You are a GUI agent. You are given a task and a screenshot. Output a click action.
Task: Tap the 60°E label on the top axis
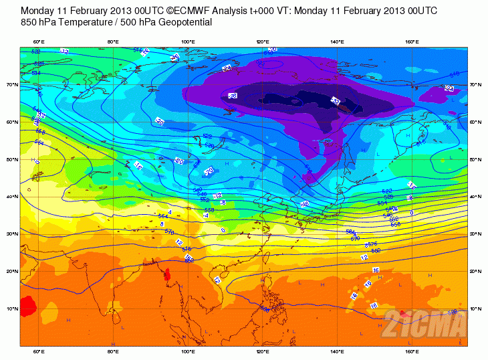point(39,43)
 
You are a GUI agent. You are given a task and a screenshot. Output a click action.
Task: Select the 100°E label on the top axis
point(189,43)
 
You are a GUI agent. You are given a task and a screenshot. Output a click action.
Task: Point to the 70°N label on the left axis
point(12,85)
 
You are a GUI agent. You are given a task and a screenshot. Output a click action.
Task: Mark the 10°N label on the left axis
point(12,308)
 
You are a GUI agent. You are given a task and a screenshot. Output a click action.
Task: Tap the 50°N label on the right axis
point(476,159)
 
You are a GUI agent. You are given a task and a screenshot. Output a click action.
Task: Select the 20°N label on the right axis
point(476,271)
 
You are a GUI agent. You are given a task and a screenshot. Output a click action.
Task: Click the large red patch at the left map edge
point(28,306)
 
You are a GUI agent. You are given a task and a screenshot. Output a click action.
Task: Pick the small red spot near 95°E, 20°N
point(167,274)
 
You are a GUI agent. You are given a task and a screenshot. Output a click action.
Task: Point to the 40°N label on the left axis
point(12,197)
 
